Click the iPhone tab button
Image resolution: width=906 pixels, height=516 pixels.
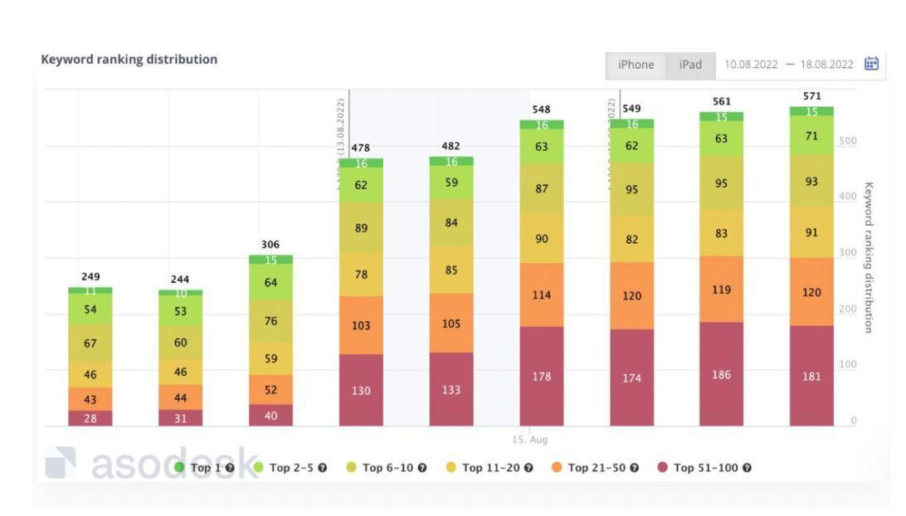[636, 65]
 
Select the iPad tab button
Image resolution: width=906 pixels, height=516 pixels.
[690, 65]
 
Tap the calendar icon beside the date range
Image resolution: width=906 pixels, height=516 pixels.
[871, 64]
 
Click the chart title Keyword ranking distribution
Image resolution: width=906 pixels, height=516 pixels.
[129, 60]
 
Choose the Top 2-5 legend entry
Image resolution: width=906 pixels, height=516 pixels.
[291, 468]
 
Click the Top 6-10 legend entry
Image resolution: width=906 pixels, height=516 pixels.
[387, 468]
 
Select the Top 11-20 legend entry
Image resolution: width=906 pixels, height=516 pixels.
[490, 468]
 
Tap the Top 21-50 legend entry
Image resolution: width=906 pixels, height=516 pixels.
[596, 468]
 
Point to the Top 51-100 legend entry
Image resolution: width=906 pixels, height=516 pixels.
[704, 468]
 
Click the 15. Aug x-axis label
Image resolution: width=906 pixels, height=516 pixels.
[529, 440]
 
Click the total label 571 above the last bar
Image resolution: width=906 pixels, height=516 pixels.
[811, 97]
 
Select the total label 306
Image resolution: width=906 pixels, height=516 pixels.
[270, 245]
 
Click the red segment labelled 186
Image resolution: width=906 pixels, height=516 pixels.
[721, 374]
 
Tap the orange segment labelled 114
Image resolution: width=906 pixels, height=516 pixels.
[541, 295]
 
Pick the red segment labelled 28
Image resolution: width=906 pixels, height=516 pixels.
[90, 418]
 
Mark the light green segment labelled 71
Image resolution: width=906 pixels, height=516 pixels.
[811, 135]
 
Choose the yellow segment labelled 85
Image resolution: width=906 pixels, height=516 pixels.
[451, 269]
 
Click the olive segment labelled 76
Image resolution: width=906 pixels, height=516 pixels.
[270, 321]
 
